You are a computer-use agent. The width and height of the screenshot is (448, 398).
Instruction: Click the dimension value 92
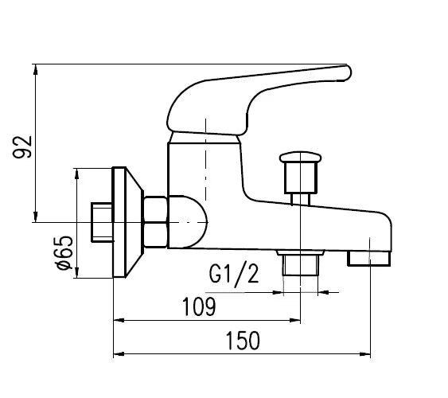tap(22, 147)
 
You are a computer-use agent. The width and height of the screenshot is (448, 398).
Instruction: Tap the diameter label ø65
tap(64, 253)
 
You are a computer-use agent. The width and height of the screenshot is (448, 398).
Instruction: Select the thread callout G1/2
tap(234, 275)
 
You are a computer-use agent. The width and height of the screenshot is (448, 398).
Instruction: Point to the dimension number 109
tap(199, 306)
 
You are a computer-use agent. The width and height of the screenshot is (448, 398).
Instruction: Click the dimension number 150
tap(243, 341)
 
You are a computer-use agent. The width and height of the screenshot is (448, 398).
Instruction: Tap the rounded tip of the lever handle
tap(347, 73)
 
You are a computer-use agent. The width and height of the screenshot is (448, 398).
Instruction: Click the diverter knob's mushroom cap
tap(300, 158)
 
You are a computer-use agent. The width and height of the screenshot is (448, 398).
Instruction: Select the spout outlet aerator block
tap(369, 259)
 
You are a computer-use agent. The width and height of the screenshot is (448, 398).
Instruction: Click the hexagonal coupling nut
tap(155, 222)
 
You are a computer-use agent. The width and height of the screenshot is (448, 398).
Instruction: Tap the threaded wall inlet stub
tap(102, 223)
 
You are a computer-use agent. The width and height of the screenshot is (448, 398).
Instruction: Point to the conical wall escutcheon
tap(127, 222)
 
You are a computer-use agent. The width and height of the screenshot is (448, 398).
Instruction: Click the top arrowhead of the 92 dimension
tap(36, 69)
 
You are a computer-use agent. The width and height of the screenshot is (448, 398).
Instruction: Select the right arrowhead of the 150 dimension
tap(365, 354)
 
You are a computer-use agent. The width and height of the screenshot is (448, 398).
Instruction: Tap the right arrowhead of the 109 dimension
tap(295, 320)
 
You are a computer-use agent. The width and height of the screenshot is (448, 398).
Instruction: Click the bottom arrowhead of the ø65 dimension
tap(76, 272)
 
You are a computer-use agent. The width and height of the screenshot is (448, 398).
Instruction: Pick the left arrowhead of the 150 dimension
tap(119, 354)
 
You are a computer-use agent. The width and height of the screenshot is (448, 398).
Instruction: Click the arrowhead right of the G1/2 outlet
tap(323, 292)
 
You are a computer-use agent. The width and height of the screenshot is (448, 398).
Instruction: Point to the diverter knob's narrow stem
tap(300, 199)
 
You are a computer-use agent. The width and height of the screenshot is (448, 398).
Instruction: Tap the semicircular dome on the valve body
tap(189, 222)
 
